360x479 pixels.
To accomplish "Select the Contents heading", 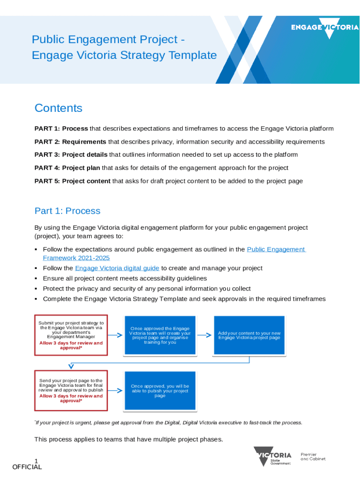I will [x=58, y=108].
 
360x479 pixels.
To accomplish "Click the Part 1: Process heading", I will [x=67, y=211].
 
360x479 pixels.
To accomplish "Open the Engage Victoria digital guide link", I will [x=117, y=268].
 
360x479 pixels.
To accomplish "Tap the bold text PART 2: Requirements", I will [x=70, y=142].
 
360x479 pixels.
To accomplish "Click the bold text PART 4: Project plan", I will [x=67, y=167].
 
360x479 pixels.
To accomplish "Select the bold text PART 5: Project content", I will [x=72, y=181].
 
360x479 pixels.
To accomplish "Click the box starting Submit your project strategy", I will [x=71, y=335].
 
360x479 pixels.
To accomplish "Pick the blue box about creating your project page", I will [x=160, y=335].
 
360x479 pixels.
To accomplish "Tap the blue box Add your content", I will [x=249, y=335].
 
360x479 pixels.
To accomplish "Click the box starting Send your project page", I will [x=71, y=391].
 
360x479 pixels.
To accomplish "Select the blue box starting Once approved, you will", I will [x=160, y=391].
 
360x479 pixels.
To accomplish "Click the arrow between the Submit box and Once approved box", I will [x=115, y=335].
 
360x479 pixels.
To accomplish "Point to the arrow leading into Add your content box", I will [x=204, y=335].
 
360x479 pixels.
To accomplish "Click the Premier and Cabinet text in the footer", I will [x=313, y=457].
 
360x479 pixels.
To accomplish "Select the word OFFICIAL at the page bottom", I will [x=27, y=467].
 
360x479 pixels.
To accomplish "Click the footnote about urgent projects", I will [x=168, y=423].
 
